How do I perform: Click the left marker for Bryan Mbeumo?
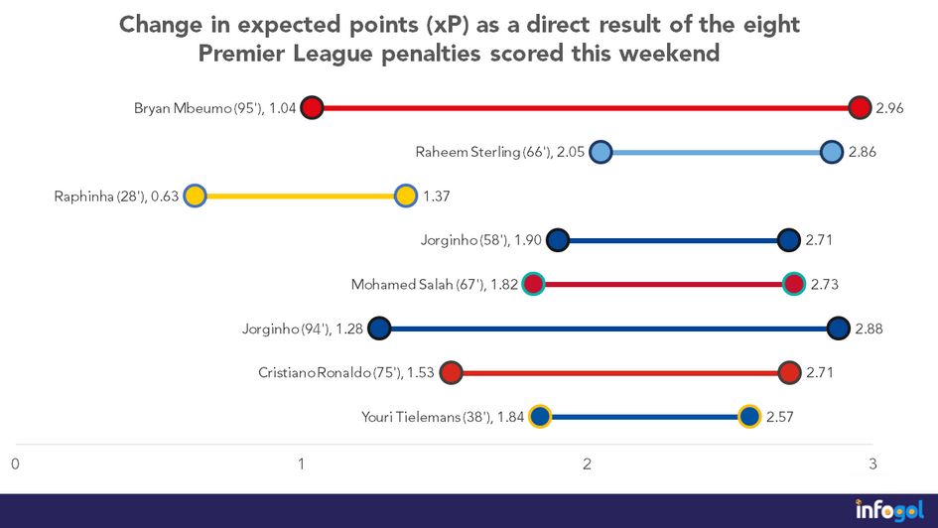[x=313, y=108]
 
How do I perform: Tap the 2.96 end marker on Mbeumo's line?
[x=861, y=108]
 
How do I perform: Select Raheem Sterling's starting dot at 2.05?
[x=601, y=152]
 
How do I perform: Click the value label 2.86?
[x=862, y=153]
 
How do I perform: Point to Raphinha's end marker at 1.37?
[x=405, y=196]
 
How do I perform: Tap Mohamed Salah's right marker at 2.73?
[x=793, y=285]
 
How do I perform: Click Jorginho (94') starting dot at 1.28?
[x=379, y=329]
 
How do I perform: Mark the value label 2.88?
[x=869, y=329]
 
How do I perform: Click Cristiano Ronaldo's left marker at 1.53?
[x=452, y=373]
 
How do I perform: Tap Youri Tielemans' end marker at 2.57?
[x=749, y=417]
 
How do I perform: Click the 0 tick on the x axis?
[x=16, y=463]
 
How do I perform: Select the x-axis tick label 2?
[x=588, y=463]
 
